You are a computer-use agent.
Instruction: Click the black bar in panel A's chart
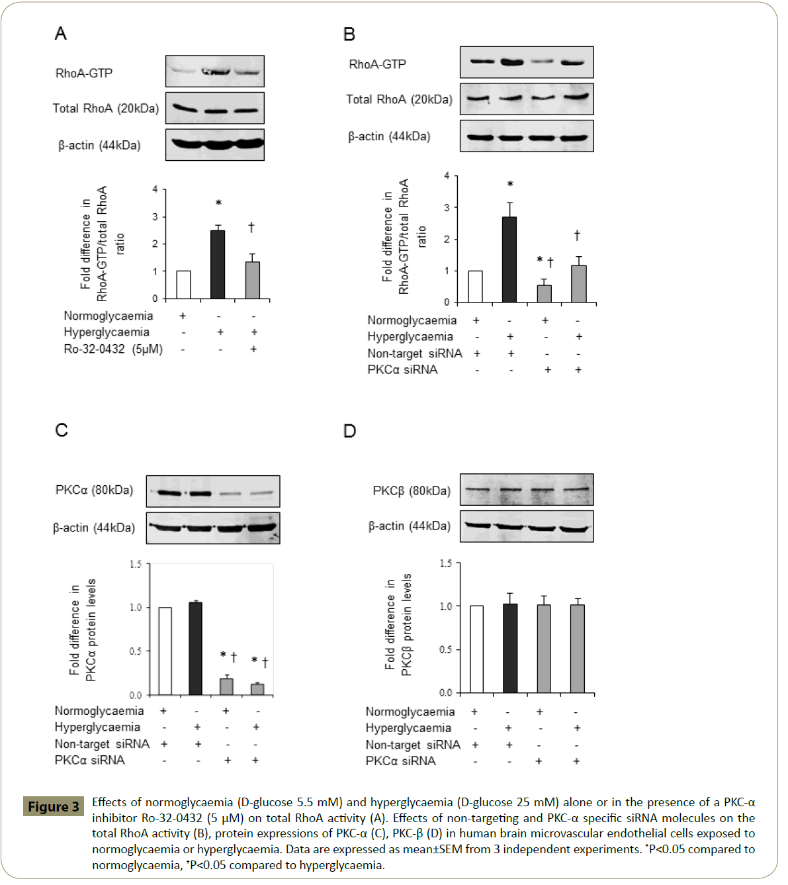point(217,265)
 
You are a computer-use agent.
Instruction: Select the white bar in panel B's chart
point(475,287)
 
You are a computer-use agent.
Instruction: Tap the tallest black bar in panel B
point(509,259)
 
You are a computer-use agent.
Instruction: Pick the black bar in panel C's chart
point(195,649)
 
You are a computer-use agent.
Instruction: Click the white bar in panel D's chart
point(476,649)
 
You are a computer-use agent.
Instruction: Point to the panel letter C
point(62,430)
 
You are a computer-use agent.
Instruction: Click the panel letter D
point(349,431)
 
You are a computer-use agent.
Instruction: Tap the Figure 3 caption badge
point(54,806)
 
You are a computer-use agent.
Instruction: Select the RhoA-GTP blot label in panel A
point(84,73)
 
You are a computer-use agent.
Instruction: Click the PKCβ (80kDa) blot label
point(412,490)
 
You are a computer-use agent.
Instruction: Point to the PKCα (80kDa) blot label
point(94,490)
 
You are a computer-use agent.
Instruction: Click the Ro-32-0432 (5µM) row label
point(113,349)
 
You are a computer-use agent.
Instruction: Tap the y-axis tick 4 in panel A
point(155,189)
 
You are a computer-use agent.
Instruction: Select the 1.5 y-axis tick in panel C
point(136,564)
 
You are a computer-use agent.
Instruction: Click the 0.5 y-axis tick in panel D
point(446,649)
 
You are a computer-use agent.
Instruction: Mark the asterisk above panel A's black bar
point(218,203)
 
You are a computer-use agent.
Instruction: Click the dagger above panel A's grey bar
point(251,228)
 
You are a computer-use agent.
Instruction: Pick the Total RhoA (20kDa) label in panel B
point(399,99)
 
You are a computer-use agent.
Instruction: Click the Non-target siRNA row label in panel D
point(413,745)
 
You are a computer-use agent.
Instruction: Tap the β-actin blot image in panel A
point(215,144)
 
